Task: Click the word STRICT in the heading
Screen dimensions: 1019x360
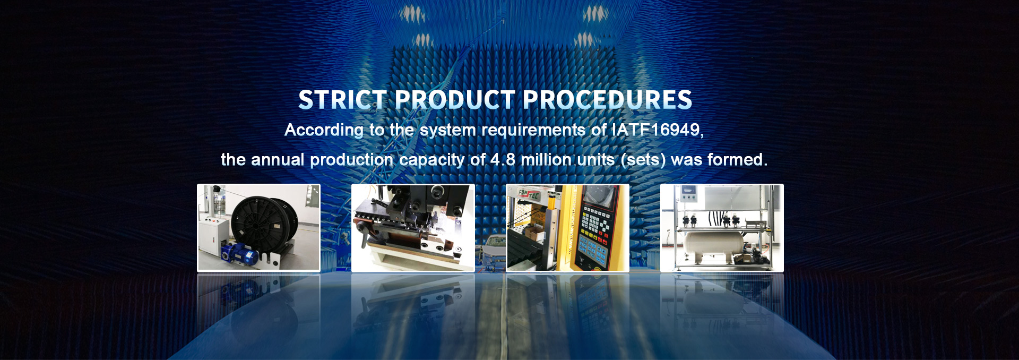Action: pyautogui.click(x=343, y=100)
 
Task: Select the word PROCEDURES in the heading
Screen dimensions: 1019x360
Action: pyautogui.click(x=608, y=100)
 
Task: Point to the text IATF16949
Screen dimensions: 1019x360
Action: pyautogui.click(x=658, y=130)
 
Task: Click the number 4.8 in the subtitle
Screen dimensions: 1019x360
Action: pyautogui.click(x=503, y=159)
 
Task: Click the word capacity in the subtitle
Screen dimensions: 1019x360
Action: pyautogui.click(x=432, y=160)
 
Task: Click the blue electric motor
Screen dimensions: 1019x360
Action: pyautogui.click(x=241, y=254)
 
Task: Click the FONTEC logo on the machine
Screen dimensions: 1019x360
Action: pyautogui.click(x=529, y=194)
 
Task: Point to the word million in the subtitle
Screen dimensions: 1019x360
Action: pyautogui.click(x=546, y=159)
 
